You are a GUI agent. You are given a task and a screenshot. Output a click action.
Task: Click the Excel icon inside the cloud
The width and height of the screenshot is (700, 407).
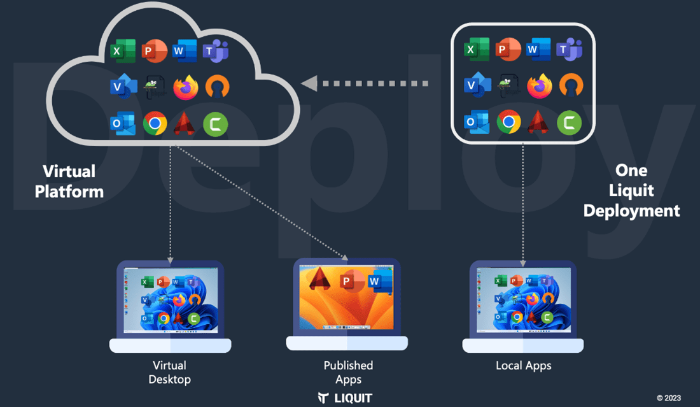point(123,51)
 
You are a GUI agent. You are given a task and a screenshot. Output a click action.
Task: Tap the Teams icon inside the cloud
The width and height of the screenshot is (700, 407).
point(215,51)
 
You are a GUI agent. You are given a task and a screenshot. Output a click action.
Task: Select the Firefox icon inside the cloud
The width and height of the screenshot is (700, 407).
point(185,87)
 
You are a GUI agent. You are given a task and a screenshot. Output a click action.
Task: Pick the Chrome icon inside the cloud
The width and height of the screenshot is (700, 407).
point(155,124)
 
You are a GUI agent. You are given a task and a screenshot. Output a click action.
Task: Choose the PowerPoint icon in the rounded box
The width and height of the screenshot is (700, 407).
point(508,50)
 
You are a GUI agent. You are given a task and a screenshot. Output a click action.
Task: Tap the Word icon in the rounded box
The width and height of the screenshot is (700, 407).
point(539,50)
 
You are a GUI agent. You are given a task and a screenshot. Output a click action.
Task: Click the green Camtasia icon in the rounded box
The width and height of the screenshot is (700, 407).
point(569,122)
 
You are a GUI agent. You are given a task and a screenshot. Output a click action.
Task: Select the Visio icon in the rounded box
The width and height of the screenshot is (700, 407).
point(477,85)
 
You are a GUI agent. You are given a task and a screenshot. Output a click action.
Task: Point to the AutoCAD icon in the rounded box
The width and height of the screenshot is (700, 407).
point(538,122)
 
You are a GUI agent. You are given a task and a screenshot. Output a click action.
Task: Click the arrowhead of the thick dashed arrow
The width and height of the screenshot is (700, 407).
point(309,83)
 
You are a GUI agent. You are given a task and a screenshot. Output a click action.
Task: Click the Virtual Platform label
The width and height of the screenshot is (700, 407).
point(69,181)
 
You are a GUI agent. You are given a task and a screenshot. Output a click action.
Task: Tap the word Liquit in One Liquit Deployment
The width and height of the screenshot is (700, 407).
point(631,190)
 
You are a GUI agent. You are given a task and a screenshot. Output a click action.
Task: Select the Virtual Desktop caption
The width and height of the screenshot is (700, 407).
point(169,372)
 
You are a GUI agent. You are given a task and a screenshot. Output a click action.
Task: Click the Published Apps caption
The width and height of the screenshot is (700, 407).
point(348,372)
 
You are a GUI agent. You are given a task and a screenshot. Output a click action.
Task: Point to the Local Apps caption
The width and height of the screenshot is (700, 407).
point(523,366)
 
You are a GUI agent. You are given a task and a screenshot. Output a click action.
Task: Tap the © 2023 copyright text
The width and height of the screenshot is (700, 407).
point(668,398)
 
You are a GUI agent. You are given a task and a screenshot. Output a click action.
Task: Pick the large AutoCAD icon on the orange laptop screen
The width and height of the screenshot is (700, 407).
point(319,278)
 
